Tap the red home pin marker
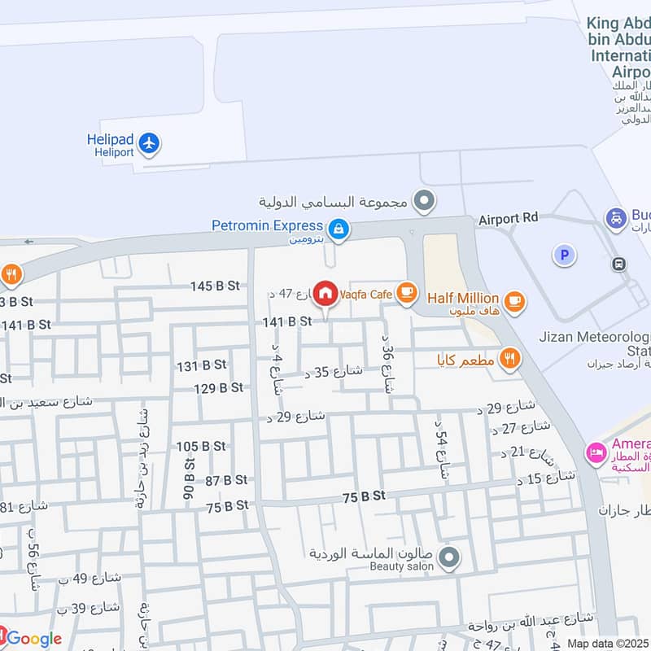[x=325, y=293]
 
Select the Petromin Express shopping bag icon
[x=339, y=230]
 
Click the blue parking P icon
[x=563, y=256]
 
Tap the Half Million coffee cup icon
[x=513, y=302]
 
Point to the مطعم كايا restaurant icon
[x=509, y=358]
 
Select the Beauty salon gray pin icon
[x=448, y=558]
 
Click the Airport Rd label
[x=509, y=219]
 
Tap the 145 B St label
[x=215, y=286]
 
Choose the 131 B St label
[x=199, y=366]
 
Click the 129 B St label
[x=219, y=388]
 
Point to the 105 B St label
[x=201, y=446]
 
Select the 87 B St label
[x=226, y=480]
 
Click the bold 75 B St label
[x=363, y=496]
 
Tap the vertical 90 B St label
[x=189, y=479]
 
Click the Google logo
[x=33, y=639]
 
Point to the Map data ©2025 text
[x=607, y=644]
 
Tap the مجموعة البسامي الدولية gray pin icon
[x=424, y=199]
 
